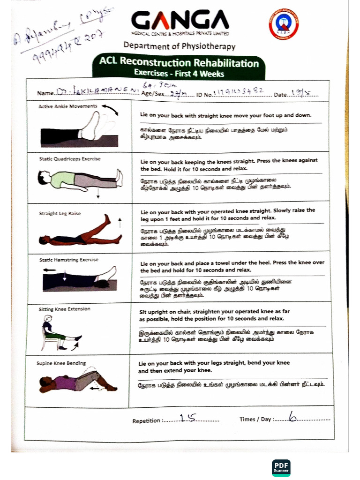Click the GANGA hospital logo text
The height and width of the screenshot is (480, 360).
point(180,21)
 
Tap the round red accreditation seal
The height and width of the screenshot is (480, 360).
point(284,24)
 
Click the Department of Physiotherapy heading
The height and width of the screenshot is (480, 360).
point(180,46)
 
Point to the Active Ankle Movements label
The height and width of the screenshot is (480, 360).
point(68,106)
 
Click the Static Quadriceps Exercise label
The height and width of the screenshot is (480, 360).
point(70,159)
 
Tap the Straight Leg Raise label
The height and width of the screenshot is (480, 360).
point(60,213)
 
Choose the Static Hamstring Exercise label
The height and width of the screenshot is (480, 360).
point(68,260)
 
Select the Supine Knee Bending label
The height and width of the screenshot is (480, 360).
point(61,363)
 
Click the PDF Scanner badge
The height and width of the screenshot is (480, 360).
point(281,467)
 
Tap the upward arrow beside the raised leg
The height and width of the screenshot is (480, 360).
point(120,222)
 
